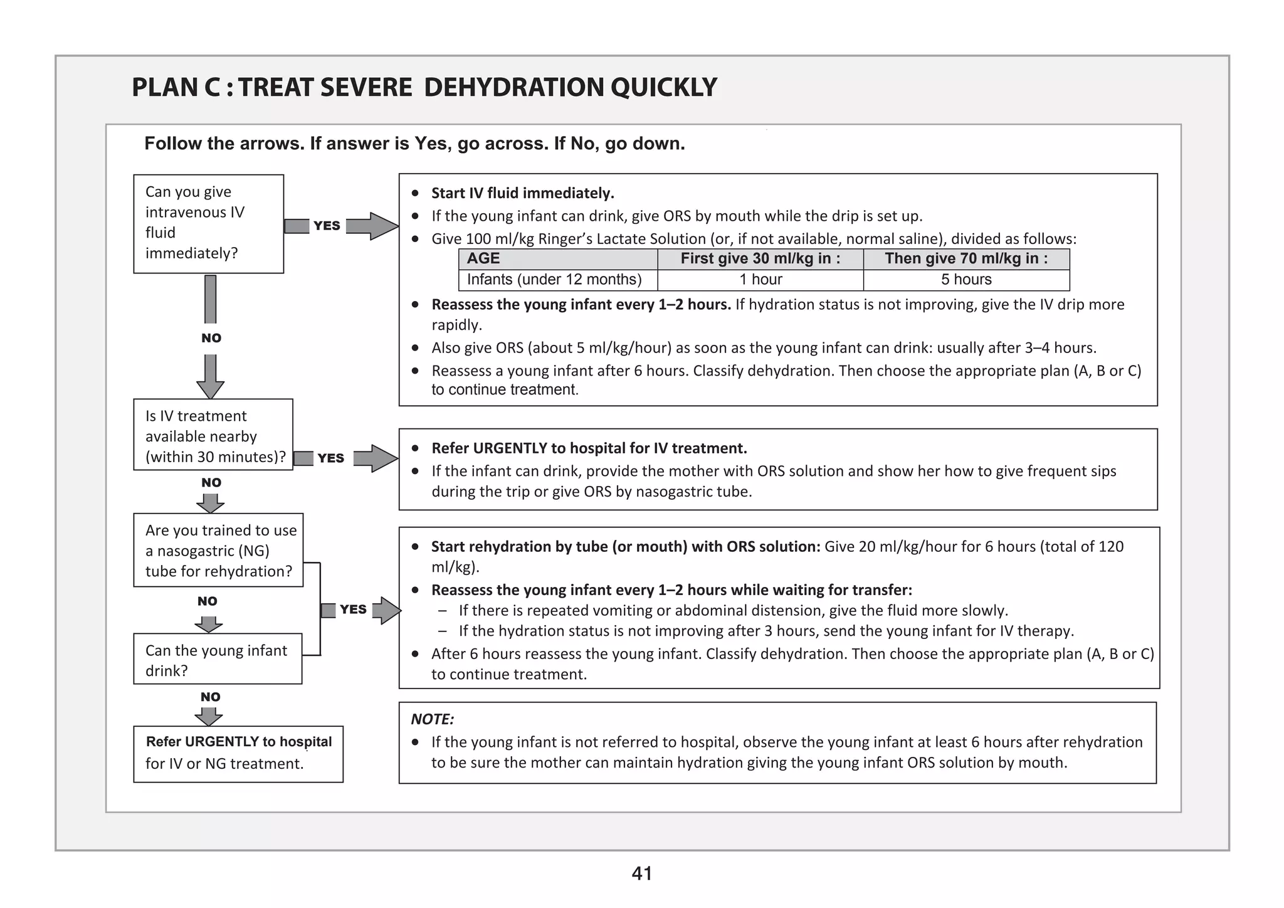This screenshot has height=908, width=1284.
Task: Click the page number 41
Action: point(642,874)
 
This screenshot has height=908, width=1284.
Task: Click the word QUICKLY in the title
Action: point(664,87)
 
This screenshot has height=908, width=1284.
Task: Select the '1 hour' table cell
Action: point(760,280)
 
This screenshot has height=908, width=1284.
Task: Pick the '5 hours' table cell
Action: point(966,280)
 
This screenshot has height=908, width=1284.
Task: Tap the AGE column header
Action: point(483,258)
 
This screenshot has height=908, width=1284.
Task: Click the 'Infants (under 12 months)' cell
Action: point(554,280)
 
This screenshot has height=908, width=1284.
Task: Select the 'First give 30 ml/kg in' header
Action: point(760,258)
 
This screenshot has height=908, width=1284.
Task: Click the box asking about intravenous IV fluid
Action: point(208,223)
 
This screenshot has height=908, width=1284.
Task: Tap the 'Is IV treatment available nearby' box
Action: point(213,435)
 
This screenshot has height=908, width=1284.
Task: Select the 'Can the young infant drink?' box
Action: point(217,659)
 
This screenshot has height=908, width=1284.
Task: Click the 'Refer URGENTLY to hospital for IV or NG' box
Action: point(238,754)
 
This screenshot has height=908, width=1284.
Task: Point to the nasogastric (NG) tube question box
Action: point(218,550)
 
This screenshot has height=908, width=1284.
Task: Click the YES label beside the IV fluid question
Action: point(327,226)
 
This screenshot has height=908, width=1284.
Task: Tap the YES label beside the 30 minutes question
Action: point(330,458)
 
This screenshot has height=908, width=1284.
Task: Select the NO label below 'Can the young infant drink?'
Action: point(210,697)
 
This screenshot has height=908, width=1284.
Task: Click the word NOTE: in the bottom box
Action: point(432,719)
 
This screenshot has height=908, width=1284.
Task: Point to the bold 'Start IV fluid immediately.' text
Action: point(522,193)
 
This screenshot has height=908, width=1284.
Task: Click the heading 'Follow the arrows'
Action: point(414,144)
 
